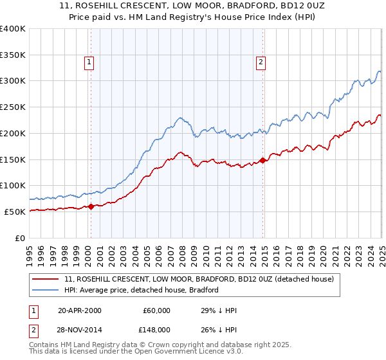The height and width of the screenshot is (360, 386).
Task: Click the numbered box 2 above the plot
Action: (x=261, y=62)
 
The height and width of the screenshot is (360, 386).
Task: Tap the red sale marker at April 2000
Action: (x=91, y=206)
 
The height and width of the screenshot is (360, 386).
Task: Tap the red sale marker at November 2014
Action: (x=262, y=160)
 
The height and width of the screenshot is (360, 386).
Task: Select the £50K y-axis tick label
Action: (x=15, y=212)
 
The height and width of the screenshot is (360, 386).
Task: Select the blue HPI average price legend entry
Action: (x=142, y=290)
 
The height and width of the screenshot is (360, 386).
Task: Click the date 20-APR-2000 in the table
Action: (x=79, y=310)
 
